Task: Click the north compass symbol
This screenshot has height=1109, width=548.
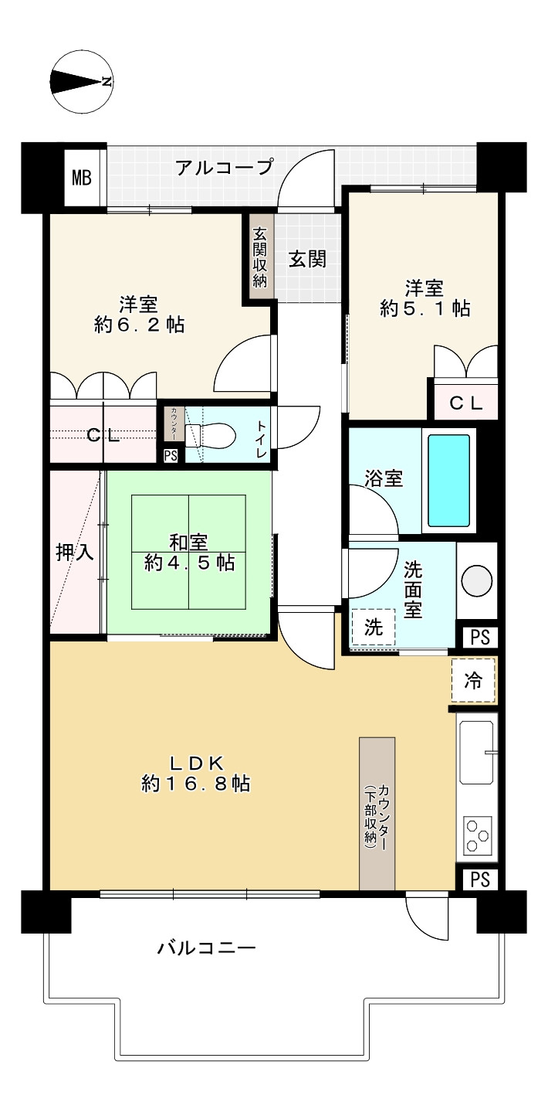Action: click(82, 82)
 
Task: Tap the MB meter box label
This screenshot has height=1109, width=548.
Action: click(82, 177)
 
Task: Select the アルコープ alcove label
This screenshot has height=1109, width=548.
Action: click(224, 168)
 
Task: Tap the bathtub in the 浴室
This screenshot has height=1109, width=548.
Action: click(448, 480)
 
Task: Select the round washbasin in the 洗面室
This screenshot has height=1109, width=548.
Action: click(477, 580)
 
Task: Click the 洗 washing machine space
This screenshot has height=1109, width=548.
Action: click(374, 628)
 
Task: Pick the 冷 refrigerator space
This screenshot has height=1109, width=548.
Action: click(473, 680)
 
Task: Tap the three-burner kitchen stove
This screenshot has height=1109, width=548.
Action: click(478, 836)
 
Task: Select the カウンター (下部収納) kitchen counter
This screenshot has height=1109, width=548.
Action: click(377, 814)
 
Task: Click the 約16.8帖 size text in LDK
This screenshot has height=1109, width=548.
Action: click(196, 784)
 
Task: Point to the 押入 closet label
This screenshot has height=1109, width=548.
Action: click(75, 552)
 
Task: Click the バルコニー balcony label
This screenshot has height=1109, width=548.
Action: click(207, 948)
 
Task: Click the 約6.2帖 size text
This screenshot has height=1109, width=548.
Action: click(140, 325)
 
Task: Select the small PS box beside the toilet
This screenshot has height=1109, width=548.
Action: click(171, 455)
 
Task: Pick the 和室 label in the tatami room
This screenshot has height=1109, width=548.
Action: click(188, 542)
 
